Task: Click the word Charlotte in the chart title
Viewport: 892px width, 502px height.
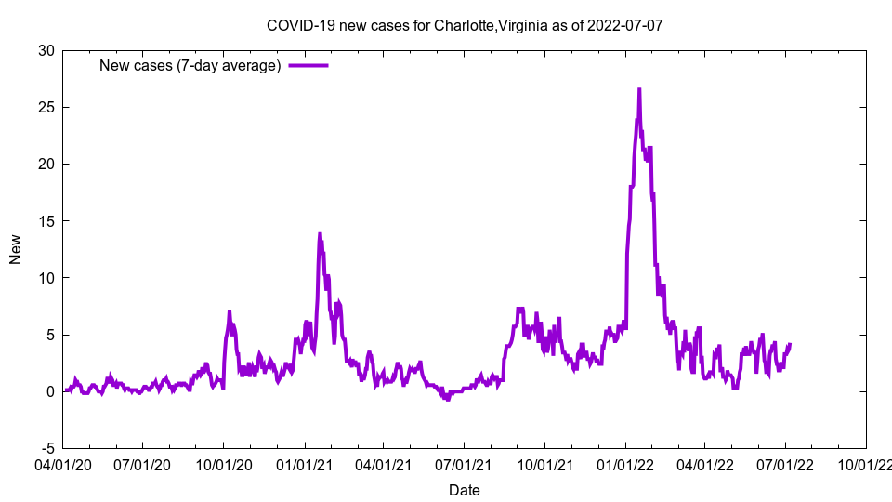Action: [x=464, y=25]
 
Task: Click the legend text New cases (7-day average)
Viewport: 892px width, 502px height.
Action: [x=190, y=65]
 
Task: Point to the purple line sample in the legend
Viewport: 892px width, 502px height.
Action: [x=308, y=65]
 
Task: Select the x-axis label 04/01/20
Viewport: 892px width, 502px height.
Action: [x=62, y=462]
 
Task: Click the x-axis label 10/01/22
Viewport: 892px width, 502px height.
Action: [x=866, y=462]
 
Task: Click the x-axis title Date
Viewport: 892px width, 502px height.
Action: [x=465, y=490]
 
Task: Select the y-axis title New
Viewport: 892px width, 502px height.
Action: [x=16, y=249]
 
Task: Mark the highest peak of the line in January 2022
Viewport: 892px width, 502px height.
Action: [x=639, y=89]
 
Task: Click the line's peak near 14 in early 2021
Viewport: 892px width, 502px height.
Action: [x=320, y=234]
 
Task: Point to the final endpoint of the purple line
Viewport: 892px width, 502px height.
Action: [x=790, y=344]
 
